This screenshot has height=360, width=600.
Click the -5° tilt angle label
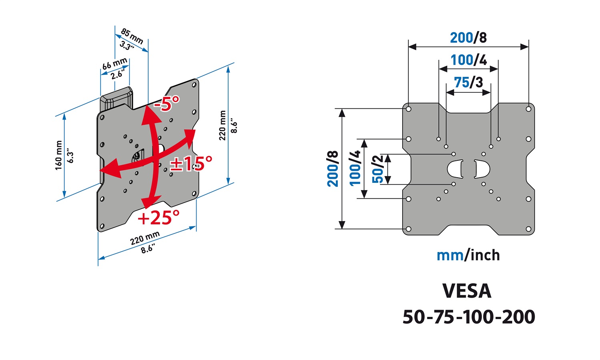(x=167, y=104)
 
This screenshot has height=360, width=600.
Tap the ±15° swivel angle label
(x=191, y=164)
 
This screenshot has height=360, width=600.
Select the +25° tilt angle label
(x=159, y=218)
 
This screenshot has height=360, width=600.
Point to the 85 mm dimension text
(x=132, y=36)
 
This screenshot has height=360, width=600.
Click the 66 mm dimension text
(x=115, y=64)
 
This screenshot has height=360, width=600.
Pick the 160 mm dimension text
(x=59, y=155)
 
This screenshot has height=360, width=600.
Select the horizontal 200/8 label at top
(x=468, y=38)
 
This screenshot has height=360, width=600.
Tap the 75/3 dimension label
(x=468, y=82)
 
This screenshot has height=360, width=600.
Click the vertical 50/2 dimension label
(x=377, y=169)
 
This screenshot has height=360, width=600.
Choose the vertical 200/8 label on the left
(x=333, y=169)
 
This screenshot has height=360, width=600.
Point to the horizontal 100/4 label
(x=468, y=60)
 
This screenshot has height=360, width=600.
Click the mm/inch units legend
(x=468, y=255)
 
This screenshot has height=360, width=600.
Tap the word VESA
(x=467, y=291)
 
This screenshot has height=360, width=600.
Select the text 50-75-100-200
(x=469, y=317)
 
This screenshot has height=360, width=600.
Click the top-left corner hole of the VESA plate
(x=408, y=109)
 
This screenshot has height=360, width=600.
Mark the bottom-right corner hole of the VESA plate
(x=528, y=229)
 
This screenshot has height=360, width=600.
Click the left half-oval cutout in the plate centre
(x=456, y=169)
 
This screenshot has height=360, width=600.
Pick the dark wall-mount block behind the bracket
(x=116, y=99)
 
